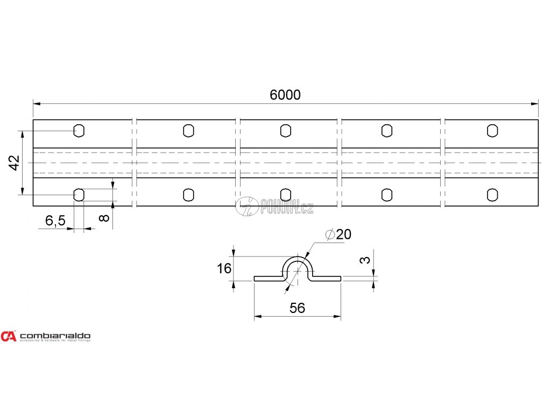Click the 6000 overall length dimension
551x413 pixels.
coord(285,95)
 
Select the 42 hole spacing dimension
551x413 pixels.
coord(15,162)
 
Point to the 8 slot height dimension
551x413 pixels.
coord(104,217)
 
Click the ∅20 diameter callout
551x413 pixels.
coord(339,234)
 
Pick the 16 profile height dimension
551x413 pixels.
coord(224,268)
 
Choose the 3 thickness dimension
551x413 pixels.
coord(365,260)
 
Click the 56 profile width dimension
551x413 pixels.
coord(297,308)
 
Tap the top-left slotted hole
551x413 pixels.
coord(79,131)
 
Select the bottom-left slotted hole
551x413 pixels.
coord(79,195)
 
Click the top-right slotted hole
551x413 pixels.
coord(492,131)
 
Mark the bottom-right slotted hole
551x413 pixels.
coord(492,195)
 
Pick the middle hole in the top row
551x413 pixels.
coord(286,131)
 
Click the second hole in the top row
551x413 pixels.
coord(188,131)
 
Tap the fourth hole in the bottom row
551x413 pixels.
coord(386,195)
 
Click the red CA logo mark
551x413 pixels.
coord(9,336)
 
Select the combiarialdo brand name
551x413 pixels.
coord(55,336)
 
